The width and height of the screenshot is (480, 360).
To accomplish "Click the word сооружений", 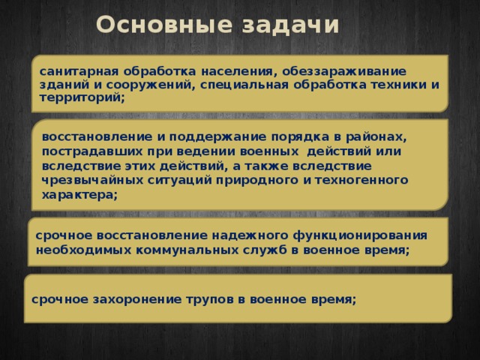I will pyautogui.click(x=154, y=84).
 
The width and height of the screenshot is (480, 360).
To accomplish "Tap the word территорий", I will pyautogui.click(x=82, y=97).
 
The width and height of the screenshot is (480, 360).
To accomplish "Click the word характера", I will pyautogui.click(x=79, y=194).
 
